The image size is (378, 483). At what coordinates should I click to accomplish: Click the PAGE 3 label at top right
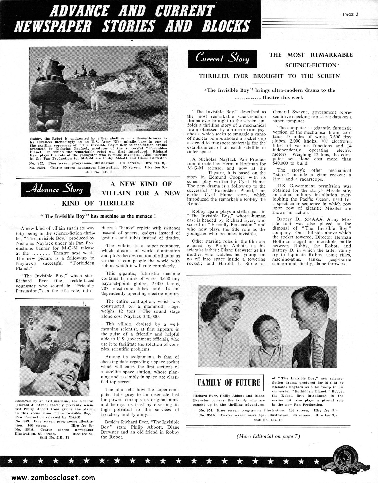(x=350, y=14)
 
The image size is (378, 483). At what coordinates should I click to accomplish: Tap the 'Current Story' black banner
(x=222, y=59)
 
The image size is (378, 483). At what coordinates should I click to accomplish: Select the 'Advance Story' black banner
(x=56, y=189)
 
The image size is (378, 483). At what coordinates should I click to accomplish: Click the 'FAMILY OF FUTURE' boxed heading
(x=229, y=383)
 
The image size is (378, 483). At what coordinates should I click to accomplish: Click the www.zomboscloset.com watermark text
(x=53, y=477)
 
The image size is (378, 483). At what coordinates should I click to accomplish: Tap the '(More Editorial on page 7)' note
(x=268, y=436)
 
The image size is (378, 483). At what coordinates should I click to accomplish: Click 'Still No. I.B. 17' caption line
(x=54, y=437)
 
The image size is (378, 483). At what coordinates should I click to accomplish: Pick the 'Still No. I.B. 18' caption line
(x=268, y=420)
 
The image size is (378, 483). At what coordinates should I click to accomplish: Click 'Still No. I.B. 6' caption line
(x=98, y=172)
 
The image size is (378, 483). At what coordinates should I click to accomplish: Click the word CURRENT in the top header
(x=184, y=11)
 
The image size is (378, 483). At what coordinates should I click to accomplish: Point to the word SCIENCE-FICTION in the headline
(x=310, y=65)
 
